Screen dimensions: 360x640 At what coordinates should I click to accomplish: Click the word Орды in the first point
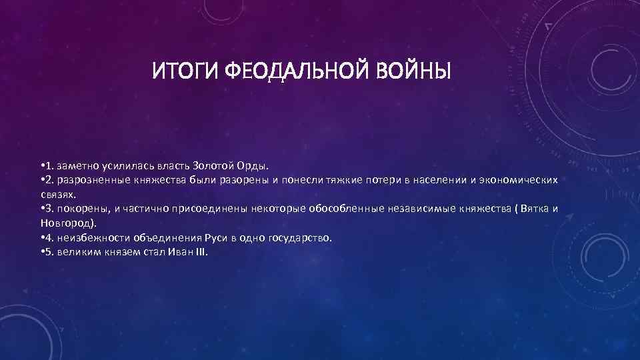pyautogui.click(x=253, y=165)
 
